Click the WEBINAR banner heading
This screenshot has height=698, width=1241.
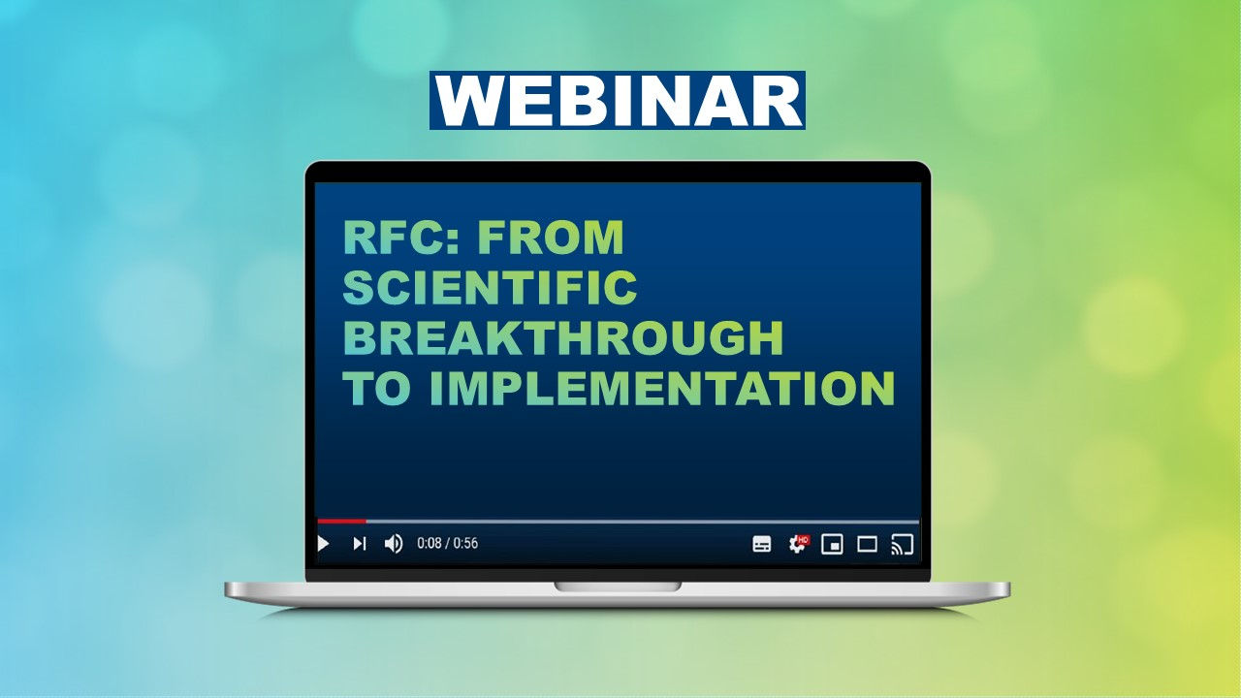(x=617, y=100)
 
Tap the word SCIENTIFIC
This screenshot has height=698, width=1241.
(x=490, y=289)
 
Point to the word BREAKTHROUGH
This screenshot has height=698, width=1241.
(x=562, y=339)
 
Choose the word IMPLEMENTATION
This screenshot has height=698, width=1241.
(x=661, y=390)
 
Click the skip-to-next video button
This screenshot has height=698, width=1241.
(x=359, y=544)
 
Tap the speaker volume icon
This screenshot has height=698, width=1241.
(x=394, y=544)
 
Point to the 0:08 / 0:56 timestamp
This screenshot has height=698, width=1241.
(x=447, y=544)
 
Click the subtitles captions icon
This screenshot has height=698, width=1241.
(x=762, y=544)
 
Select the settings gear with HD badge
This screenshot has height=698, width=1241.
(x=797, y=544)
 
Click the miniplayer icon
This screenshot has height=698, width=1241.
(x=832, y=544)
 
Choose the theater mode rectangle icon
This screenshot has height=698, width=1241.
(x=867, y=544)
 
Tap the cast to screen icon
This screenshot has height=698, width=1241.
(x=902, y=544)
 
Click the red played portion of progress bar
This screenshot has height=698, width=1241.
(x=341, y=522)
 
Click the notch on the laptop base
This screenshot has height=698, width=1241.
(x=617, y=587)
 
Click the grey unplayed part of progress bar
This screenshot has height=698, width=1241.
(x=640, y=522)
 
